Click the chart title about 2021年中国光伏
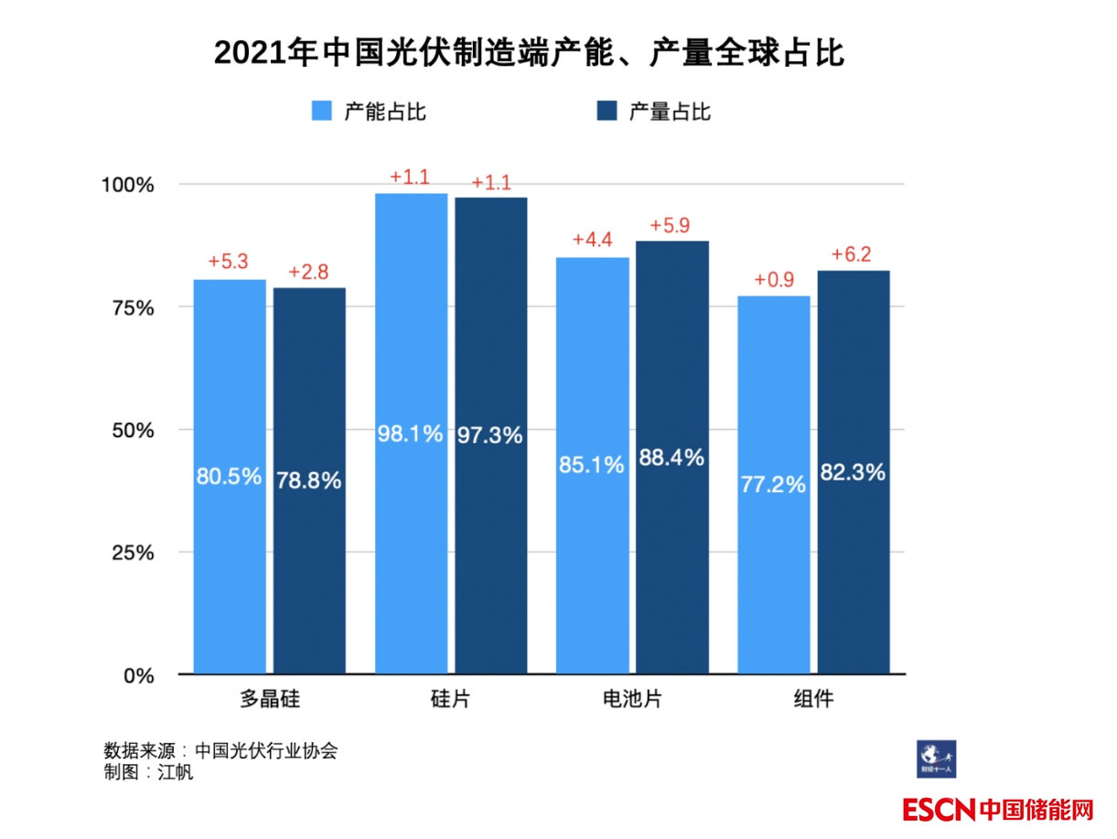(528, 54)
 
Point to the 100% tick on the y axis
(128, 185)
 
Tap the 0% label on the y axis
(137, 675)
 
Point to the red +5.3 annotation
(229, 262)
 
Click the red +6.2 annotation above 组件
(852, 253)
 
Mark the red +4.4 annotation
(592, 240)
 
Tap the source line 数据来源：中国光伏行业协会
(220, 751)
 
